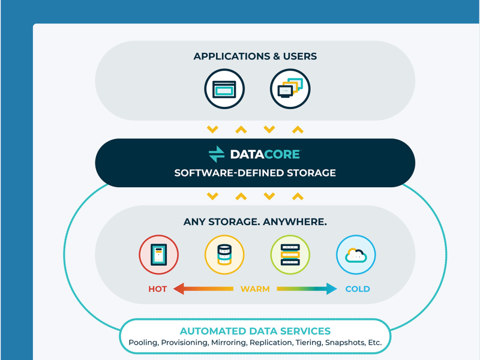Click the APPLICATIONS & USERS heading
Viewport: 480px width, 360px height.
[255, 56]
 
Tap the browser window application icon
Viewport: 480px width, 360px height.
[224, 89]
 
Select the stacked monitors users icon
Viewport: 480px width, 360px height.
[290, 89]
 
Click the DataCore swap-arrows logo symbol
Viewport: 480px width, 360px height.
[217, 154]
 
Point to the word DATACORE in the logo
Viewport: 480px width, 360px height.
[265, 154]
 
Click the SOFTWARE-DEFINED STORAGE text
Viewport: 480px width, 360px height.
[255, 173]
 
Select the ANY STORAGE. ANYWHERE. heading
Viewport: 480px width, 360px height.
[255, 222]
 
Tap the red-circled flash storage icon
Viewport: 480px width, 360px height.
[158, 254]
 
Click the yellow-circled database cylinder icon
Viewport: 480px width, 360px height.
[224, 254]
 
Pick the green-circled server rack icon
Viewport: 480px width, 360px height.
[290, 254]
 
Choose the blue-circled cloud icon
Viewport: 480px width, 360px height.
[356, 254]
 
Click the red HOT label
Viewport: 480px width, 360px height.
[158, 289]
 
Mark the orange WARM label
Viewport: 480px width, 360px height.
[255, 289]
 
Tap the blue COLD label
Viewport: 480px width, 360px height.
[358, 289]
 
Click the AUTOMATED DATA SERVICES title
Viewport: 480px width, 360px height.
[255, 331]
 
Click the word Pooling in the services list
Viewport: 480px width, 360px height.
[143, 343]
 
